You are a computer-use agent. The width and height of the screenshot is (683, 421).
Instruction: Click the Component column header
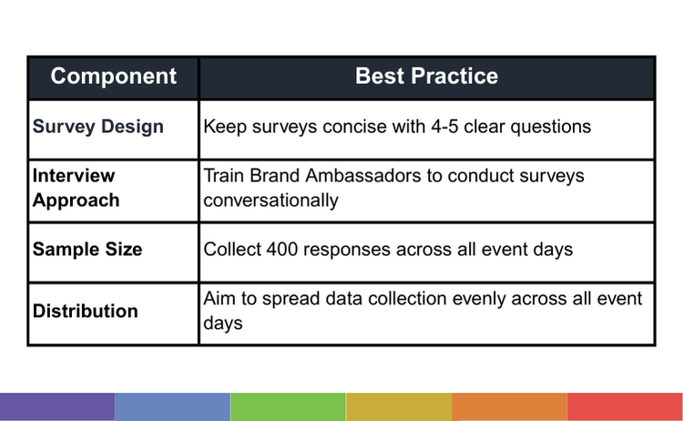click(x=113, y=77)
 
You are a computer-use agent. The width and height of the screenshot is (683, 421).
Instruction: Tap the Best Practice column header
click(x=426, y=77)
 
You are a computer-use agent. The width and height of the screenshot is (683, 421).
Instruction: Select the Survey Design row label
click(x=98, y=127)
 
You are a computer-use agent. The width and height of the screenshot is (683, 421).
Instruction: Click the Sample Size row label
click(x=87, y=250)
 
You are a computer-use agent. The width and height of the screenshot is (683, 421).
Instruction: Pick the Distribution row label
click(x=86, y=311)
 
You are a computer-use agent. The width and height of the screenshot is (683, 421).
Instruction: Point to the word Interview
click(x=74, y=176)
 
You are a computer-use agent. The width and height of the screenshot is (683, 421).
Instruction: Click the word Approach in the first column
click(x=76, y=200)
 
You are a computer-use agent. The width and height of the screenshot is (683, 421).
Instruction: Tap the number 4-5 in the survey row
click(x=444, y=127)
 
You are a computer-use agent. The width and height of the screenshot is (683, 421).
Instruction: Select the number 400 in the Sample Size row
click(x=281, y=250)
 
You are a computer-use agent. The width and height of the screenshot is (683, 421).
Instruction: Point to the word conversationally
click(x=270, y=200)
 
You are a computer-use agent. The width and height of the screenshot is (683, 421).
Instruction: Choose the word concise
click(x=354, y=127)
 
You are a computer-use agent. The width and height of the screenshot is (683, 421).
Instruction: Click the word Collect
click(x=232, y=250)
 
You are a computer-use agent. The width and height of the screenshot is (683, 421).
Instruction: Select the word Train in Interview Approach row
click(x=224, y=176)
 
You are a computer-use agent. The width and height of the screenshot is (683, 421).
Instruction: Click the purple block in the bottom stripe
click(x=57, y=406)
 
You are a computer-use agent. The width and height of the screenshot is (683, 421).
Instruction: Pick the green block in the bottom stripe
click(x=288, y=406)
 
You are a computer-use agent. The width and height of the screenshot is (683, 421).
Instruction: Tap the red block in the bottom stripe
click(x=625, y=406)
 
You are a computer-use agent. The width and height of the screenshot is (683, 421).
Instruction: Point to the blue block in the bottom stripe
click(x=172, y=406)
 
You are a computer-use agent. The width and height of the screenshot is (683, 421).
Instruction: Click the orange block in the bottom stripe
click(x=510, y=406)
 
